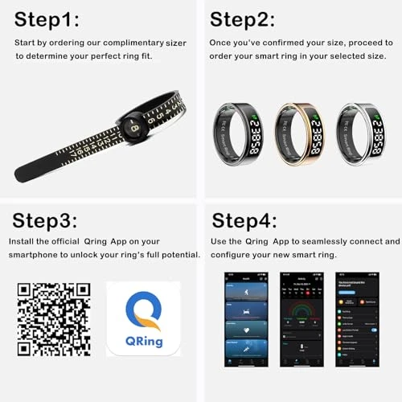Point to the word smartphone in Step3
[x=35, y=255]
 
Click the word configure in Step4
[x=232, y=254]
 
